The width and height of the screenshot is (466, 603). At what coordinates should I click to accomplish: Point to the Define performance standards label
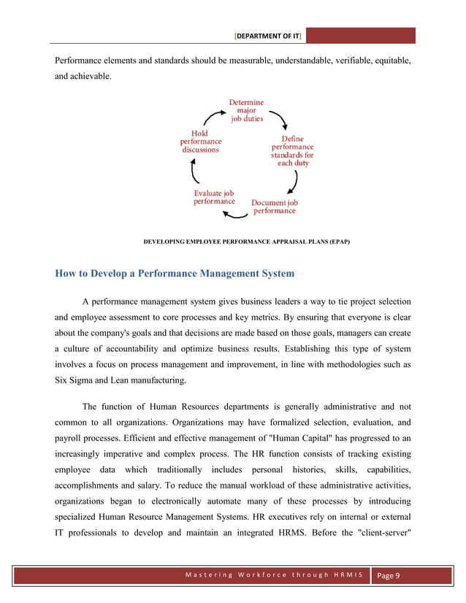(x=292, y=151)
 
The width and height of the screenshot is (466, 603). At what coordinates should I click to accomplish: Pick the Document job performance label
(x=275, y=207)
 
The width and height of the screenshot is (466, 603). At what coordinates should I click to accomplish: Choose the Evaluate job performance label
(x=214, y=197)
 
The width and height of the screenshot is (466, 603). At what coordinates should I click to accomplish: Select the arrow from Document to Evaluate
(x=235, y=215)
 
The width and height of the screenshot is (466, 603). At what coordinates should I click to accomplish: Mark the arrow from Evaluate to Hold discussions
(x=194, y=172)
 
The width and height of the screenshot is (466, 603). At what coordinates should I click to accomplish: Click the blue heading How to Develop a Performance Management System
(x=175, y=274)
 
